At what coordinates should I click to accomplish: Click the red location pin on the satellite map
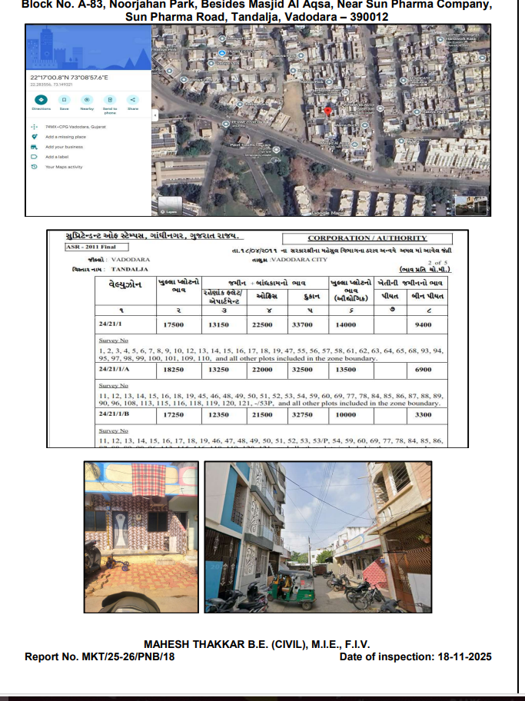328,111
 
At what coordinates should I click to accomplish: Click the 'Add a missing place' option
65,136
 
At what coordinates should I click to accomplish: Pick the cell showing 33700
305,325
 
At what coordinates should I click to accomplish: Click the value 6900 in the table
421,369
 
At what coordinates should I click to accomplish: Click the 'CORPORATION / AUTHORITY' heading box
367,238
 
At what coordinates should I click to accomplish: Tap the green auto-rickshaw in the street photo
294,588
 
